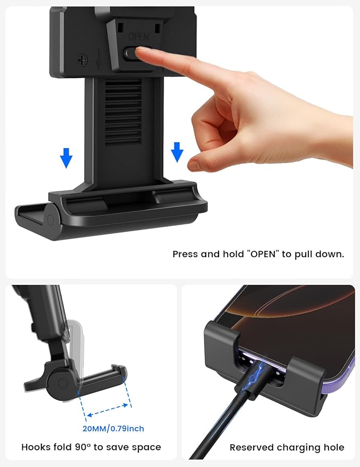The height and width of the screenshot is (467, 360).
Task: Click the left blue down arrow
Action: tap(66, 158)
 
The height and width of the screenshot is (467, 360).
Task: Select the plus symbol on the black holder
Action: tap(82, 60)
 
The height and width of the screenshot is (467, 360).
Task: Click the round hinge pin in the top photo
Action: tap(51, 221)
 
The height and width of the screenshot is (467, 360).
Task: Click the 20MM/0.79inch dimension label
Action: tap(113, 428)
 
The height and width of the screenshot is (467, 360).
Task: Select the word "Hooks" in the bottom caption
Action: tap(34, 447)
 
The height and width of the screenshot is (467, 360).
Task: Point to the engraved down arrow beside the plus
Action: tap(98, 60)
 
